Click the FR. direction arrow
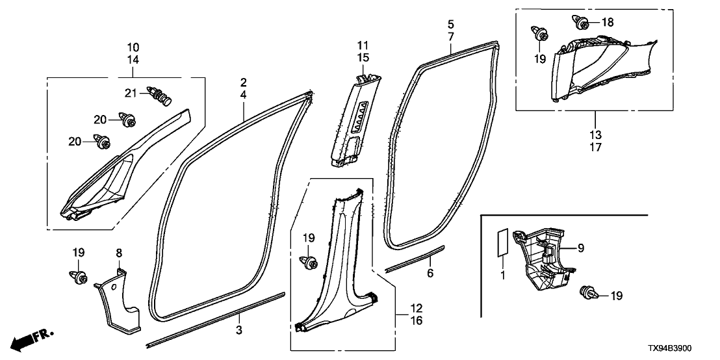pyautogui.click(x=27, y=338)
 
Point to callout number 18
pyautogui.click(x=607, y=23)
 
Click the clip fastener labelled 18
pyautogui.click(x=581, y=23)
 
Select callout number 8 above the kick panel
pyautogui.click(x=118, y=251)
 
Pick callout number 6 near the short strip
pyautogui.click(x=430, y=274)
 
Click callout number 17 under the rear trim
pyautogui.click(x=595, y=147)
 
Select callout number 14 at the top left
pyautogui.click(x=133, y=60)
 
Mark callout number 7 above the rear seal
pyautogui.click(x=450, y=37)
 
